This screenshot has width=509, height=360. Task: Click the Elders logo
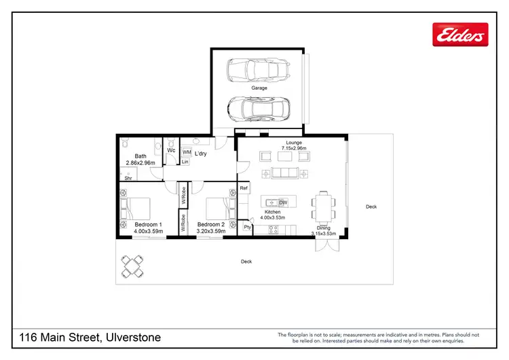pyautogui.click(x=460, y=33)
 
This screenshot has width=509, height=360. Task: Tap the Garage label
pyautogui.click(x=259, y=88)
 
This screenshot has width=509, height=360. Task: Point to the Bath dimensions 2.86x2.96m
pyautogui.click(x=140, y=163)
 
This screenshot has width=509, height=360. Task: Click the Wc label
pyautogui.click(x=171, y=150)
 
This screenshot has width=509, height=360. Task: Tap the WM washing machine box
pyautogui.click(x=187, y=153)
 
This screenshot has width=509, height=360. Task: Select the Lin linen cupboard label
pyautogui.click(x=185, y=162)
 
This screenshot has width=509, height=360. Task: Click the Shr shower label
pyautogui.click(x=128, y=178)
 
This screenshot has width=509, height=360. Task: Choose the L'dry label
pyautogui.click(x=201, y=154)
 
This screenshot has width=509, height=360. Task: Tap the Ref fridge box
pyautogui.click(x=243, y=188)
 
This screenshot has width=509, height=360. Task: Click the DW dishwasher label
pyautogui.click(x=283, y=202)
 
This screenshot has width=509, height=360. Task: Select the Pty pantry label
pyautogui.click(x=247, y=227)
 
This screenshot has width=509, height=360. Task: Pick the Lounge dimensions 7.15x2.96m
pyautogui.click(x=294, y=148)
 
